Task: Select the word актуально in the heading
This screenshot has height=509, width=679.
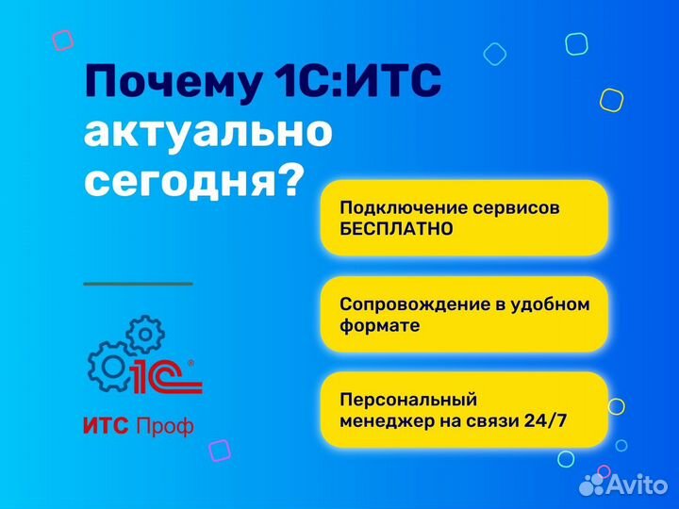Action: pos(207,133)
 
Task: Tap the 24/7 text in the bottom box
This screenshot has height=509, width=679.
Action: pos(548,421)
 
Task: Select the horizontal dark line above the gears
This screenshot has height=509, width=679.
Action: pos(138,283)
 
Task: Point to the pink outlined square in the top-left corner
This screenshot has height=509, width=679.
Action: pos(62,40)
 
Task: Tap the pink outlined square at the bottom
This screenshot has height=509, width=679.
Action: pos(219,450)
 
